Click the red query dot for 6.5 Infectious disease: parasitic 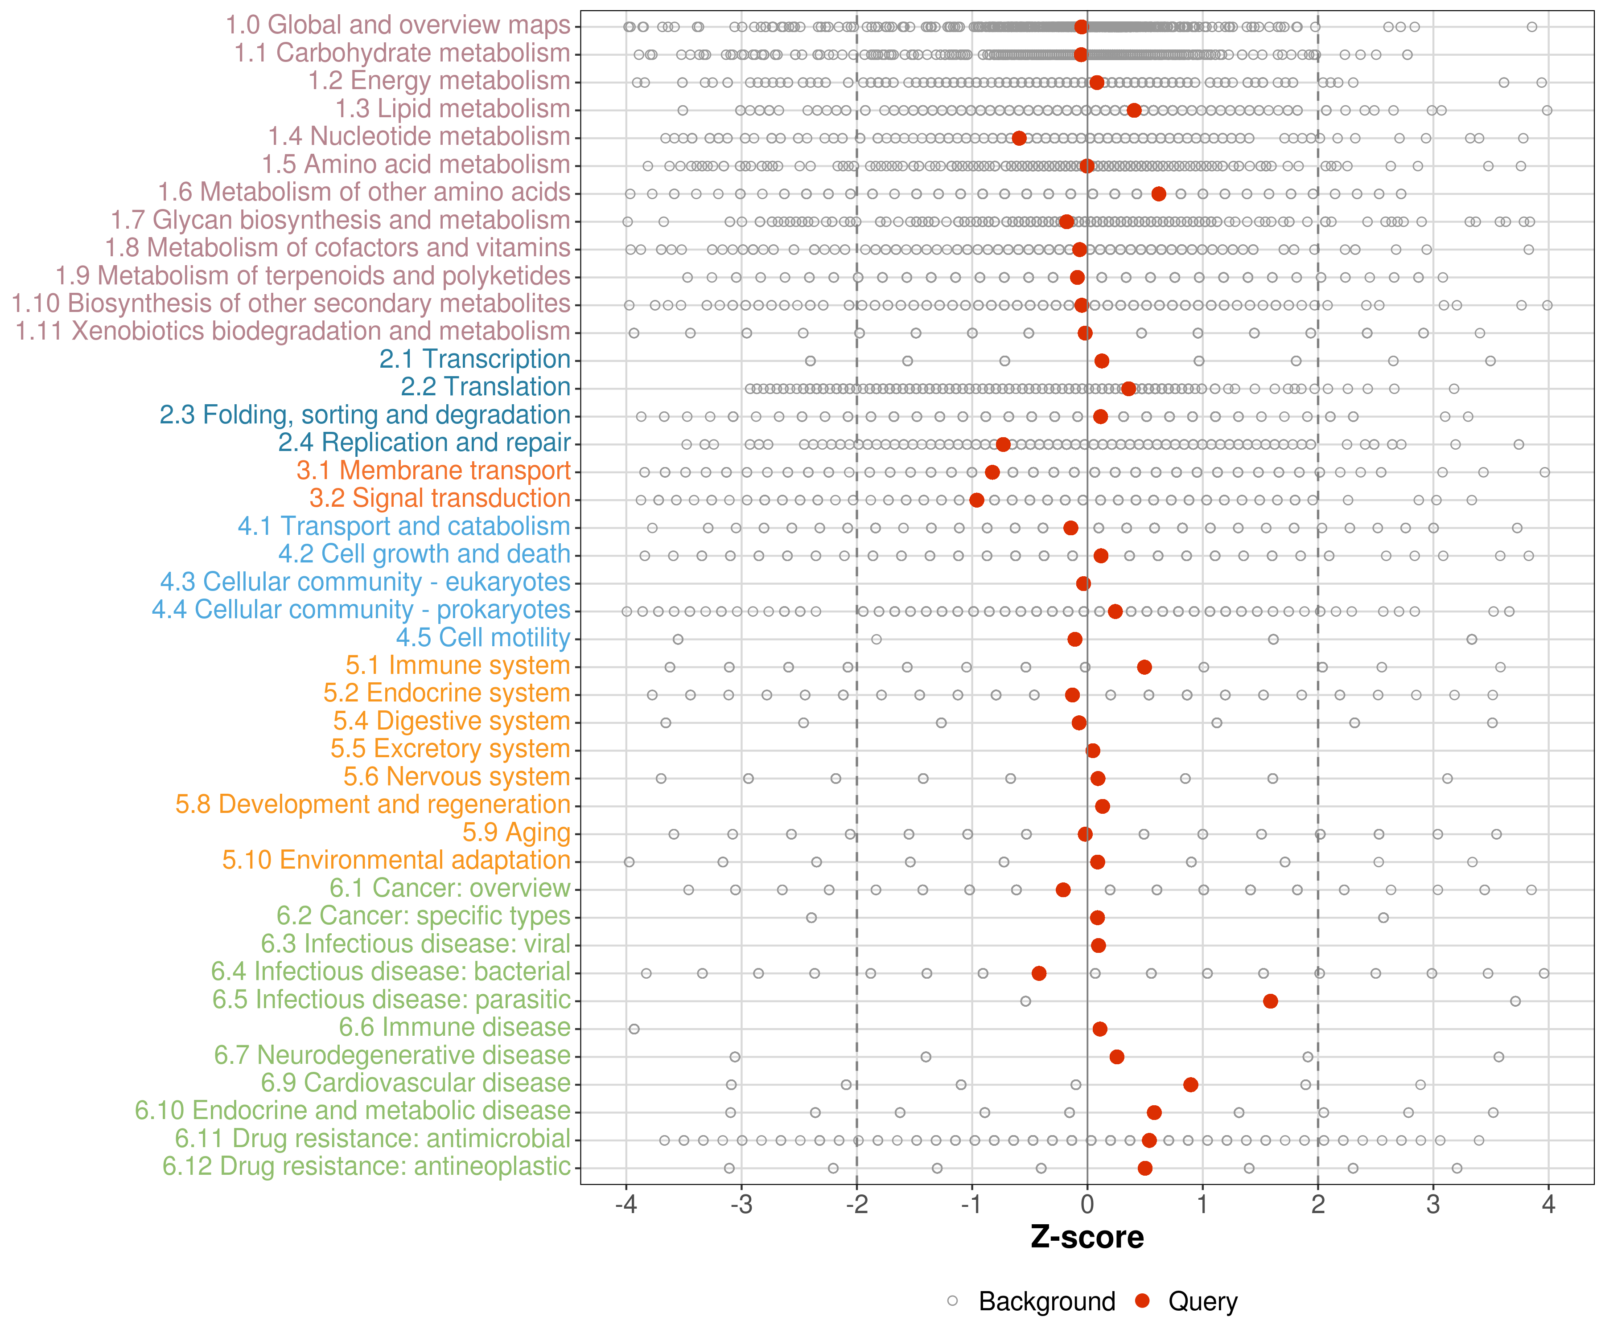1270,1001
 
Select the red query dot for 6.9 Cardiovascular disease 1190,1085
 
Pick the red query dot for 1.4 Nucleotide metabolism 1019,138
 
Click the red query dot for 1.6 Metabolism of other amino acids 1159,194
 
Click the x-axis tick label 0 1087,1206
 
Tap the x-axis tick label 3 1433,1206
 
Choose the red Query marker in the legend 1143,1300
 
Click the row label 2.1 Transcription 475,359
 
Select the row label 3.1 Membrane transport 433,471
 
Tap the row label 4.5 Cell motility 483,637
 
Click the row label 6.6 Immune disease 455,1028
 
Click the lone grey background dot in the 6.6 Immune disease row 634,1029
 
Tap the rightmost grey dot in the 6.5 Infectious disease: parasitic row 1515,1001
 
